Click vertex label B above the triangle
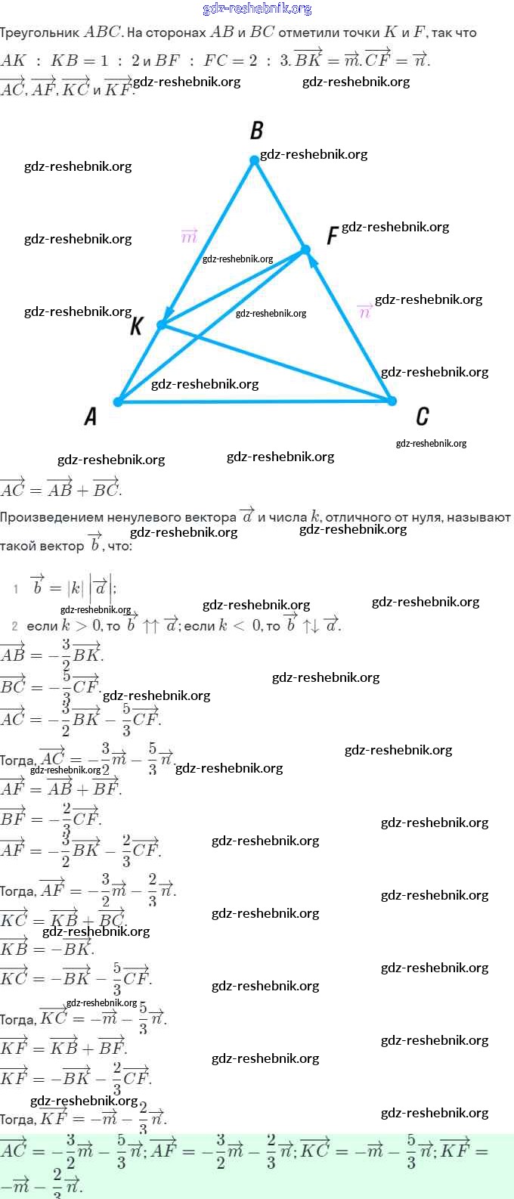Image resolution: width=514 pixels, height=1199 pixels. point(257,131)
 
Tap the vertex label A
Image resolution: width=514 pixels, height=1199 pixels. point(91,416)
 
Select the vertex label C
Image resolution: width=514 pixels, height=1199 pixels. point(422,416)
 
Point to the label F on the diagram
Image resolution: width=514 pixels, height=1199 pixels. point(332,236)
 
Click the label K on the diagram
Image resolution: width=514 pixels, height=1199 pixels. point(137,326)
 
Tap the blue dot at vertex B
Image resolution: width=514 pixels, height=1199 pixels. point(255,160)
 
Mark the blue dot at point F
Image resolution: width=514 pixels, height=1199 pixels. point(305,249)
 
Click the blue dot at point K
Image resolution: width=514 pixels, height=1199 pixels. point(161,324)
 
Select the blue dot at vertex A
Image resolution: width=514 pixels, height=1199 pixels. point(118,401)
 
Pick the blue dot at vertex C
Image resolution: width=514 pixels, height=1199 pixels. point(392,401)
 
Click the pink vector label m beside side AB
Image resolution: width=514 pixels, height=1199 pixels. point(189,236)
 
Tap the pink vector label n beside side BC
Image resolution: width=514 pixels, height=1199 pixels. point(364,311)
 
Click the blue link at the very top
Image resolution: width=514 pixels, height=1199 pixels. point(257,8)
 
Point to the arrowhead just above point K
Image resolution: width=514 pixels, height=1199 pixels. point(170,310)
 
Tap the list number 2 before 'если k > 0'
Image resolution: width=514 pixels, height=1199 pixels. point(15,626)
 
